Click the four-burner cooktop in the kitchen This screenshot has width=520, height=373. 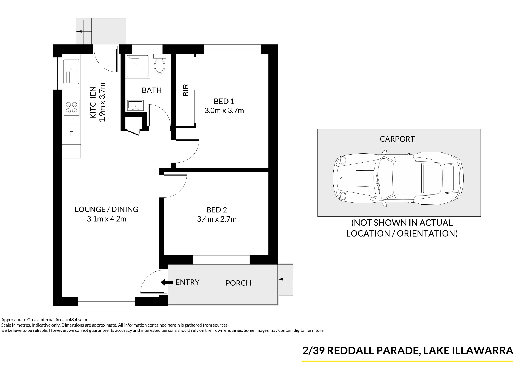coord(71,108)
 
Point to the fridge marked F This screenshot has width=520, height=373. coord(71,134)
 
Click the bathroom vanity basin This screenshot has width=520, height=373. coord(135,105)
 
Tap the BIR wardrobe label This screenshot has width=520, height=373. coord(186,90)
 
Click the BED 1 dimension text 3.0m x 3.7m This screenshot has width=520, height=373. coord(224,111)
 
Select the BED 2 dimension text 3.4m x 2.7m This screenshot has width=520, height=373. coord(217,219)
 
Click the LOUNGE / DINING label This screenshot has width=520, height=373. coord(107,209)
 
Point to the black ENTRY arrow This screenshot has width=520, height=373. coord(167,282)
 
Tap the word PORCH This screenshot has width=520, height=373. coord(238,283)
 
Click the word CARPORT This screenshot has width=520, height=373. coord(397,139)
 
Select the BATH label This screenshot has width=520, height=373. coord(152,90)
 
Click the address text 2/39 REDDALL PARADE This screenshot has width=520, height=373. coord(360,351)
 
